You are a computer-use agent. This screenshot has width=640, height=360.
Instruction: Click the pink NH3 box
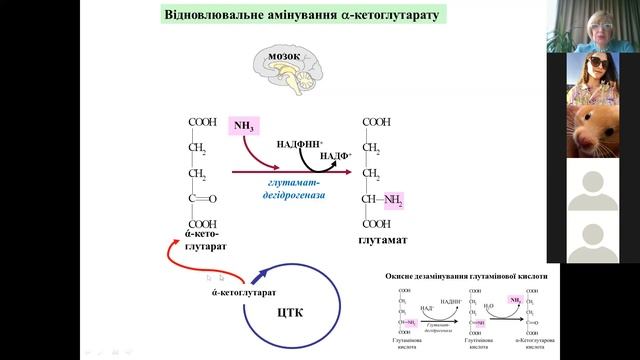coord(244,126)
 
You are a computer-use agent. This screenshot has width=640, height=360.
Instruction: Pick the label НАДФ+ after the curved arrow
coord(335,157)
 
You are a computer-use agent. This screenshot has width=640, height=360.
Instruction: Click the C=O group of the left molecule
coord(202,198)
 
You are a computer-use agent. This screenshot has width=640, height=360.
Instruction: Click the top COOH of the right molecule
coord(376,122)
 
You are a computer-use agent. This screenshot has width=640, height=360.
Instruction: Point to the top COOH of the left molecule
coord(202,122)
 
